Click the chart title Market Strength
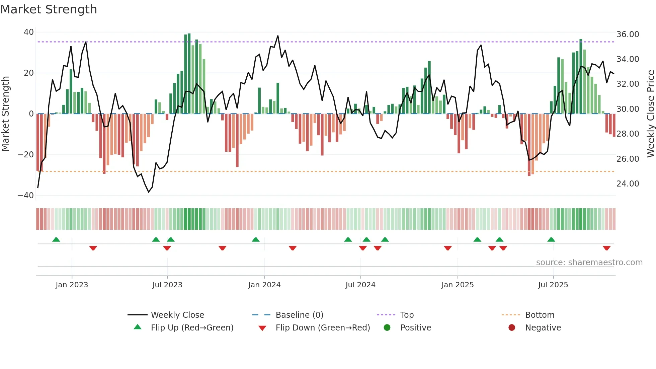pyautogui.click(x=49, y=9)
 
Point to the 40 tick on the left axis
pyautogui.click(x=29, y=32)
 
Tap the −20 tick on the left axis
pyautogui.click(x=26, y=155)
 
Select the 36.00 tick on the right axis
pyautogui.click(x=628, y=34)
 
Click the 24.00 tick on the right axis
pyautogui.click(x=628, y=184)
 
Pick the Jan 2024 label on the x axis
pyautogui.click(x=264, y=285)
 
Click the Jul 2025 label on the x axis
pyautogui.click(x=553, y=285)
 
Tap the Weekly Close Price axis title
pyautogui.click(x=650, y=114)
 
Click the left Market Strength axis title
pyautogui.click(x=5, y=114)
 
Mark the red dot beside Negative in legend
pyautogui.click(x=512, y=327)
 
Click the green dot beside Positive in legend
pyautogui.click(x=387, y=327)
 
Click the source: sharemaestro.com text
pyautogui.click(x=589, y=263)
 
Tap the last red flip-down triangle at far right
pyautogui.click(x=606, y=248)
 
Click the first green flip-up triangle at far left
pyautogui.click(x=56, y=239)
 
